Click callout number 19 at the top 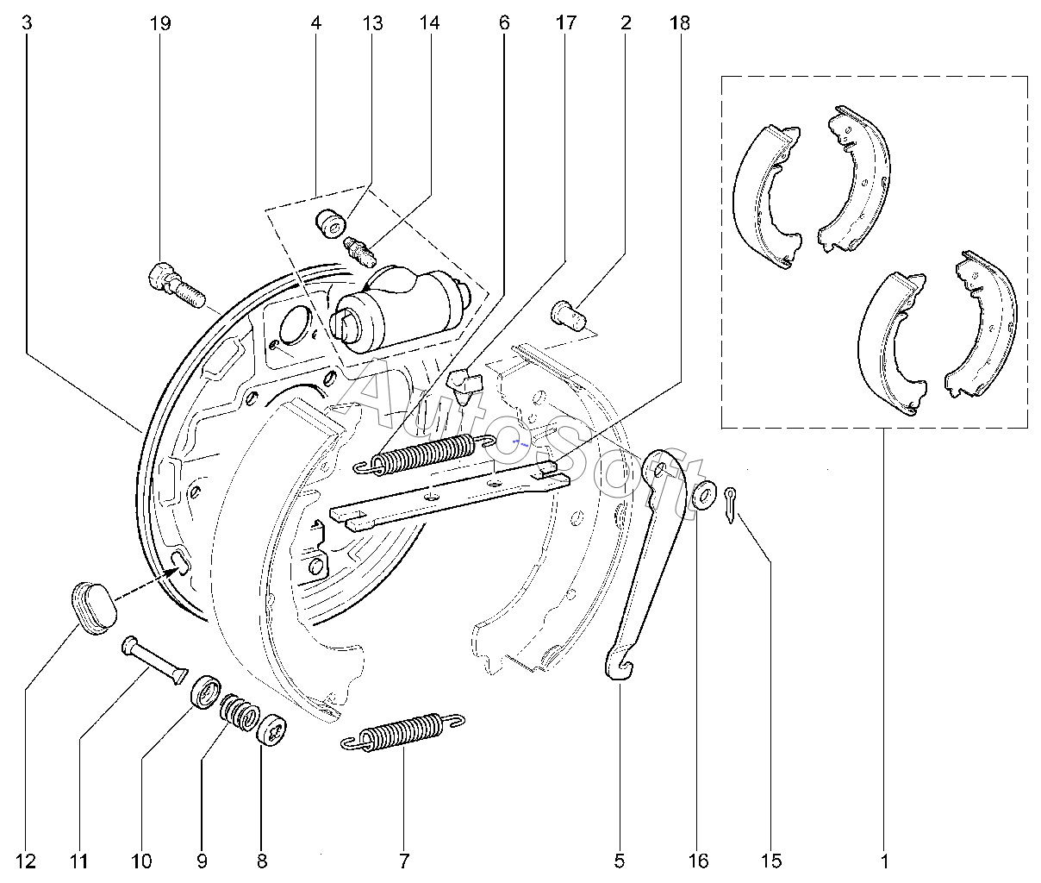click(160, 23)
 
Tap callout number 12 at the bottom click(26, 861)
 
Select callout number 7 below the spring click(404, 861)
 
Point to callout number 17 click(566, 23)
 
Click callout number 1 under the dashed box click(885, 861)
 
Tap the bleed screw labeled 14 click(359, 250)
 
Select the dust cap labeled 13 click(331, 223)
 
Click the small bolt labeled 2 click(569, 315)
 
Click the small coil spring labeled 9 click(240, 711)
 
